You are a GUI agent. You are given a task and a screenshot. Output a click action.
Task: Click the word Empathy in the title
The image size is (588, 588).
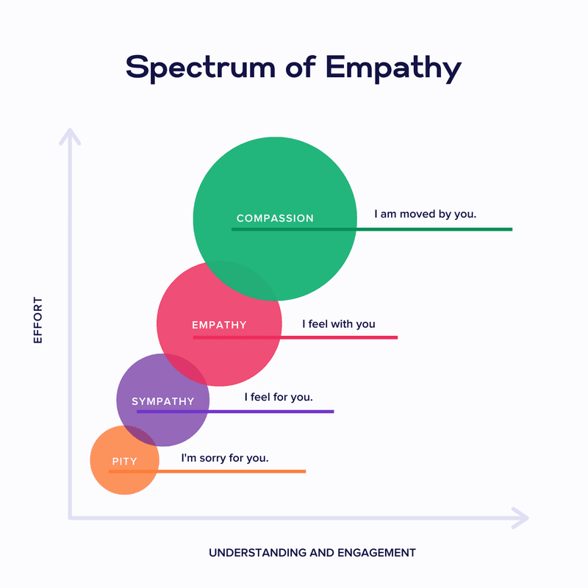click(394, 67)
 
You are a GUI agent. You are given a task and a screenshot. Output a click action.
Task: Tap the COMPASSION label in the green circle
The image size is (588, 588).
click(275, 218)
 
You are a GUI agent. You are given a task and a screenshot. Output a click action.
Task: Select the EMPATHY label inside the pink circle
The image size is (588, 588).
click(219, 325)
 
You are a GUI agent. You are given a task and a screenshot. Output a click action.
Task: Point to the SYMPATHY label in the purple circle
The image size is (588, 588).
click(162, 401)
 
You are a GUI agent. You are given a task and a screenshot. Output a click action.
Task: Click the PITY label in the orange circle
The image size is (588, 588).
click(124, 462)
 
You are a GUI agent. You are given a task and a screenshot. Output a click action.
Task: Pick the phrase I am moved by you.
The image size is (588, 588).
click(426, 215)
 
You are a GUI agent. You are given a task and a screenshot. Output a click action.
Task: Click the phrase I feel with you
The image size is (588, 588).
click(339, 323)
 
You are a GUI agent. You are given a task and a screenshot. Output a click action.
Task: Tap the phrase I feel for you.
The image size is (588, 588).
click(279, 397)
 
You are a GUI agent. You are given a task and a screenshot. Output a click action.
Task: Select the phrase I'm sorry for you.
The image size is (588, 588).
click(225, 458)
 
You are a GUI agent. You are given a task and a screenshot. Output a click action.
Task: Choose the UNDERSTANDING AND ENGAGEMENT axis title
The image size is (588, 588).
click(312, 553)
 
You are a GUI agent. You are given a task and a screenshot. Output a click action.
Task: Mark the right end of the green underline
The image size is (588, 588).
click(511, 229)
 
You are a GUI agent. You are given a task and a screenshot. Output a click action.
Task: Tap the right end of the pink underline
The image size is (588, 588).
click(396, 337)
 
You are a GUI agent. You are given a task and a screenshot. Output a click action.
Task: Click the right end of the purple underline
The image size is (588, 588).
click(333, 412)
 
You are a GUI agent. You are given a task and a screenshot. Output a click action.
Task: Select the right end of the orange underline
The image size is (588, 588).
click(304, 471)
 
